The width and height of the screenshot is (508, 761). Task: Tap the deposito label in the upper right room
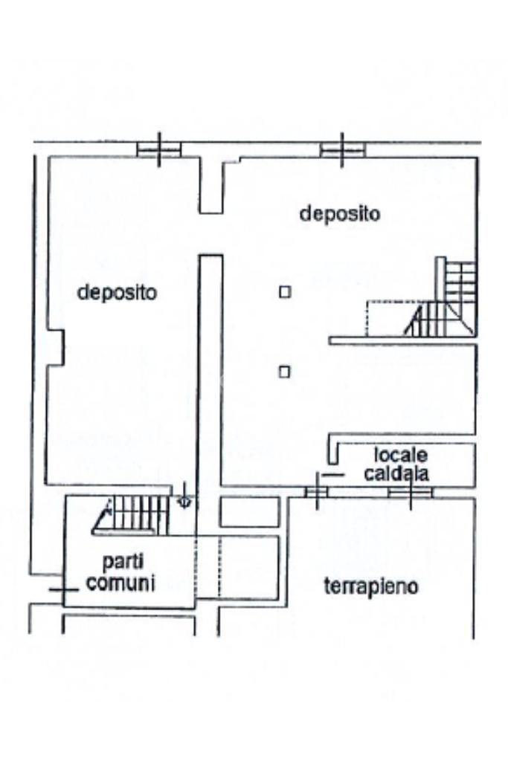pyautogui.click(x=339, y=214)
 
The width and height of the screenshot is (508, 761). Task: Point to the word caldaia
pyautogui.click(x=400, y=473)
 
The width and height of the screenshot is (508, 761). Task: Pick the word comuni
pyautogui.click(x=120, y=583)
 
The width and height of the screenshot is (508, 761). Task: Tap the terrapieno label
pyautogui.click(x=371, y=586)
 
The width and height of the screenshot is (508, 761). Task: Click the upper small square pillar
pyautogui.click(x=284, y=292)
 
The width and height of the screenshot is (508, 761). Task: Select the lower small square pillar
pyautogui.click(x=284, y=372)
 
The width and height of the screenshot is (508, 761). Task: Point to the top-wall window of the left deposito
pyautogui.click(x=159, y=150)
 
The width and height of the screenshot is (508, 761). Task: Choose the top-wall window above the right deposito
pyautogui.click(x=342, y=150)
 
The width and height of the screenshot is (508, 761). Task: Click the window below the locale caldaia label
pyautogui.click(x=411, y=492)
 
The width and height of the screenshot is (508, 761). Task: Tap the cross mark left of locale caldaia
pyautogui.click(x=318, y=490)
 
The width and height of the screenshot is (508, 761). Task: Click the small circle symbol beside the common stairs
pyautogui.click(x=185, y=502)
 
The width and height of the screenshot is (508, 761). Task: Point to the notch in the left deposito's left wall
pyautogui.click(x=56, y=347)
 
